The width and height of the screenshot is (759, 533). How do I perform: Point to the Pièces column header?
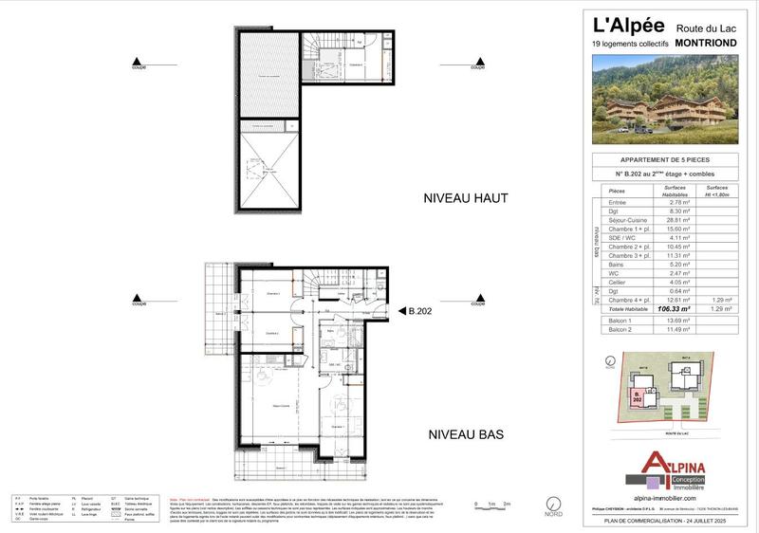(616, 191)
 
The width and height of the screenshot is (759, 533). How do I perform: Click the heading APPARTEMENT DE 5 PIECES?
(665, 159)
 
